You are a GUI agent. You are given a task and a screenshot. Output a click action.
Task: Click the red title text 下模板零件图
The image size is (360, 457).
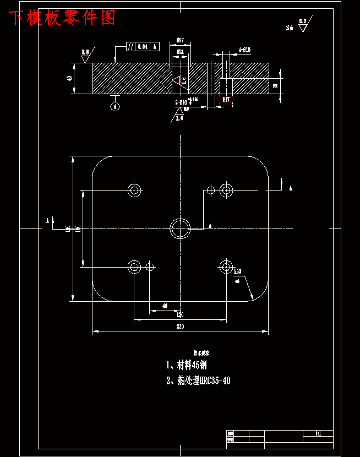point(62,18)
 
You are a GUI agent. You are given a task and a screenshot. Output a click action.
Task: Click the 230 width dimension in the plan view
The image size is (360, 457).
point(180,327)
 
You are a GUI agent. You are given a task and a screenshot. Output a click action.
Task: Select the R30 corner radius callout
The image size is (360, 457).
point(238,271)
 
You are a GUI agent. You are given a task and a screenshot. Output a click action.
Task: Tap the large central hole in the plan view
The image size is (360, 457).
point(179,228)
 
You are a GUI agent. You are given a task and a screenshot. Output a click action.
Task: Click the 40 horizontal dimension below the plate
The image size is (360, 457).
point(165,306)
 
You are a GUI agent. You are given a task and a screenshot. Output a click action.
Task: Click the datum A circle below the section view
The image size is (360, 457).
point(115,107)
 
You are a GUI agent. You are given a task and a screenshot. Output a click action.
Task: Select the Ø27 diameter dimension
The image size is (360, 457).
point(180,40)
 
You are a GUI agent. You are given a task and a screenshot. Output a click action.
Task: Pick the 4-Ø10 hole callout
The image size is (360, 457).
point(244,50)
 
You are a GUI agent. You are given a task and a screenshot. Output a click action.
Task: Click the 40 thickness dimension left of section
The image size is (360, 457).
point(69,78)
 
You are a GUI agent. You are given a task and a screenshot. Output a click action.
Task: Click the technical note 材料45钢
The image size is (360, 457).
point(187,365)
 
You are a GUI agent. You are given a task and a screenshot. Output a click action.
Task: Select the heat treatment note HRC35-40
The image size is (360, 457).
point(199,380)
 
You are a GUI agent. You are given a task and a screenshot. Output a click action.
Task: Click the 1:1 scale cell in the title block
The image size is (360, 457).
point(318,433)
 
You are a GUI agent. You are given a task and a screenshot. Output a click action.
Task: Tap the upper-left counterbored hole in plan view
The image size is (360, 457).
point(134,190)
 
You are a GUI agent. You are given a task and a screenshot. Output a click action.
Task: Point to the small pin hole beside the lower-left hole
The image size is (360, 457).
point(150,267)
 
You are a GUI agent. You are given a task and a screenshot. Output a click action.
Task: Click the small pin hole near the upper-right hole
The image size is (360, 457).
point(210,190)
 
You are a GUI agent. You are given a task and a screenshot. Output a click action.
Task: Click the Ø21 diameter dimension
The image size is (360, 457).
point(180,51)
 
